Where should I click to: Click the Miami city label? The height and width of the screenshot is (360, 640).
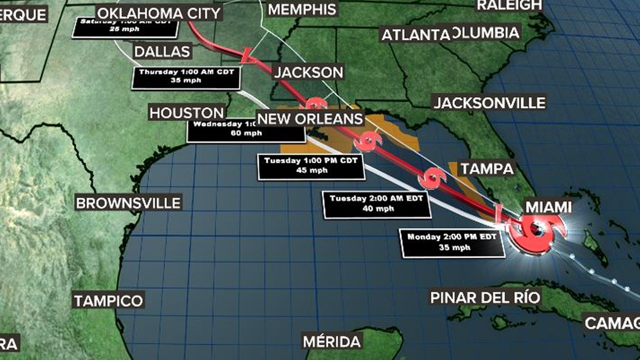click(548, 207)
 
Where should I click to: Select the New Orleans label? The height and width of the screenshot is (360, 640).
click(310, 119)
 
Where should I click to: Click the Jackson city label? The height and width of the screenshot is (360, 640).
click(308, 72)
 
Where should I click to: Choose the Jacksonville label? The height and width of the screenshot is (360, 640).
click(489, 103)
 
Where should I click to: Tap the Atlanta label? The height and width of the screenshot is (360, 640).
click(415, 35)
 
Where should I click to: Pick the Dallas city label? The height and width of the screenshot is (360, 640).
click(163, 52)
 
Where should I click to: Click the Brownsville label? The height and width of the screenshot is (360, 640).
click(129, 203)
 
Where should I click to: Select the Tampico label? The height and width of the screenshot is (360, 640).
click(109, 300)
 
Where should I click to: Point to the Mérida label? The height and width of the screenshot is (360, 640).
click(331, 341)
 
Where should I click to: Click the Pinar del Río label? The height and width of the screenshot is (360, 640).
click(485, 297)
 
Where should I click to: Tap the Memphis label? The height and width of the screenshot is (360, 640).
click(302, 10)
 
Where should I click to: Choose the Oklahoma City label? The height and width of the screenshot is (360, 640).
click(158, 13)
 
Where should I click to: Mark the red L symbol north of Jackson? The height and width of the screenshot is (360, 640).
click(247, 55)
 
